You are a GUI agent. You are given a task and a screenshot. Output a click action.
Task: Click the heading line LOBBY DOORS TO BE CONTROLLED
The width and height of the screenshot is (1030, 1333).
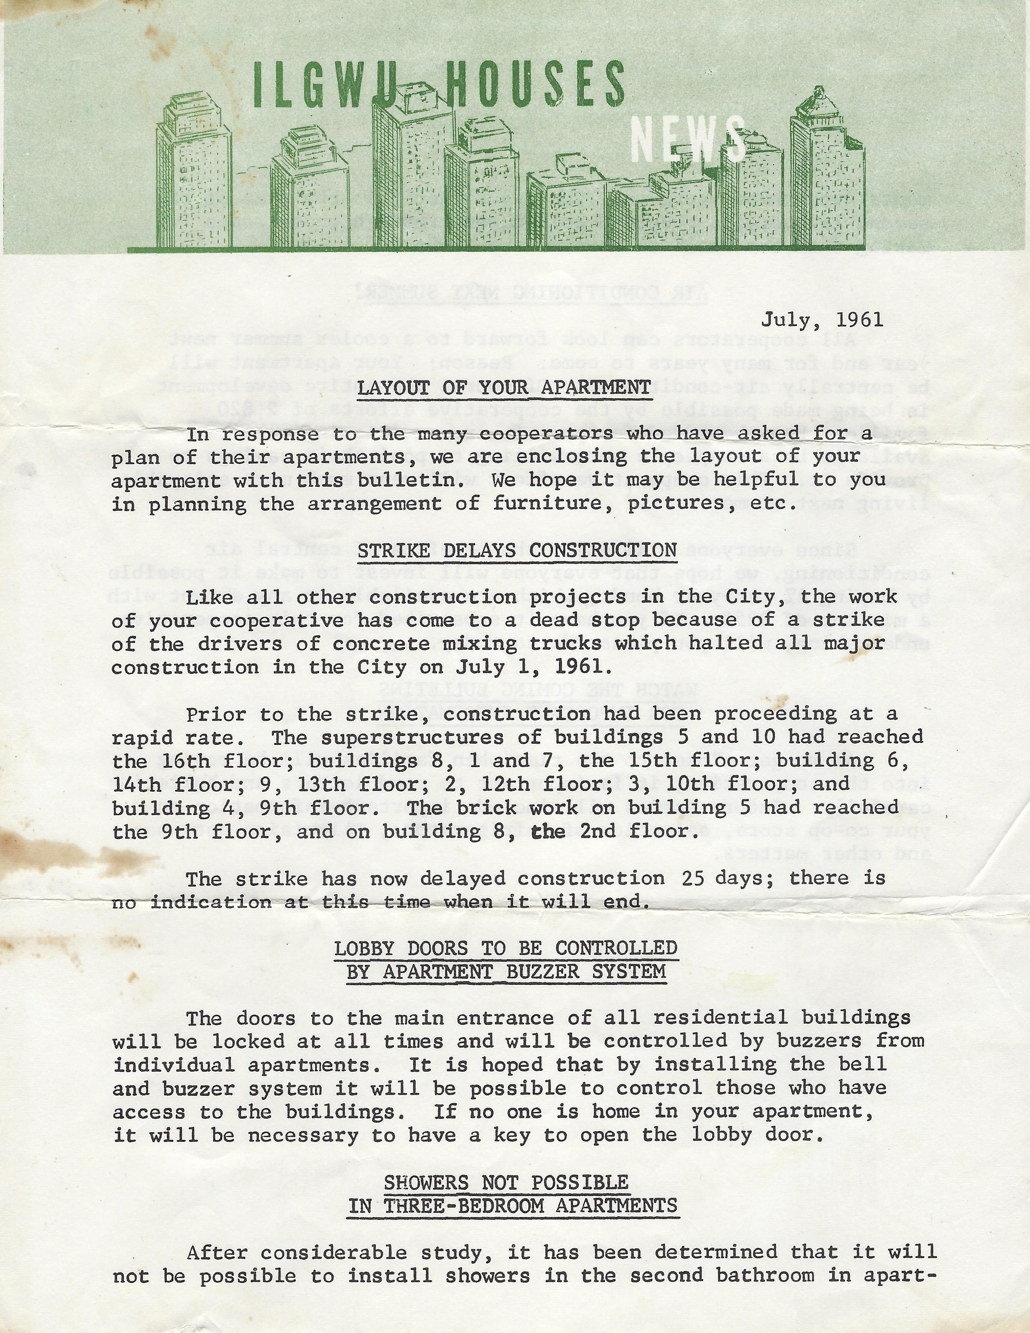point(506,948)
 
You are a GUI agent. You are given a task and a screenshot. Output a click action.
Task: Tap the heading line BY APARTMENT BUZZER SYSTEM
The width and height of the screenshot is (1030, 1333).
point(506,971)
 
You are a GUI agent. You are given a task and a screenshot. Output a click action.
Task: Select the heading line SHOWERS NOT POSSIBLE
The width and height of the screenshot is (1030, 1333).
point(506,1182)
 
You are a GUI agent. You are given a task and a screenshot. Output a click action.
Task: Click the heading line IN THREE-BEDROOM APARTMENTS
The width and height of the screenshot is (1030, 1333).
point(513,1206)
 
